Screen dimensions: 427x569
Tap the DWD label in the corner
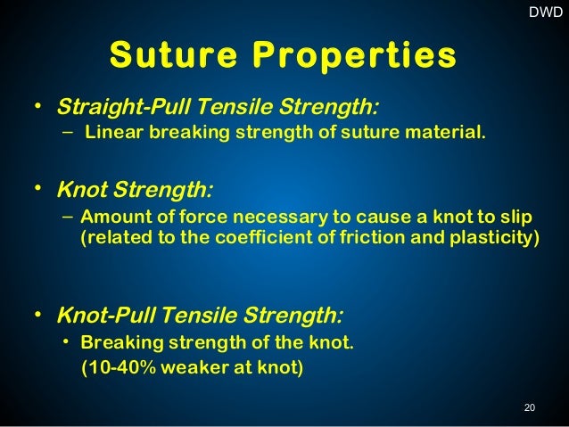[546, 12]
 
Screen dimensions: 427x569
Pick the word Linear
[111, 135]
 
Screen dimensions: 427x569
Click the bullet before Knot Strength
[37, 188]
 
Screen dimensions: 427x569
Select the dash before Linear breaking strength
[69, 134]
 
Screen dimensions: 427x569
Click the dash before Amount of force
[69, 218]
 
